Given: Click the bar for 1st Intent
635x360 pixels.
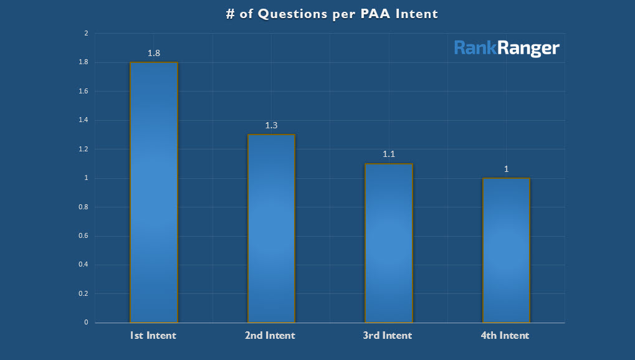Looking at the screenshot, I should pyautogui.click(x=153, y=192).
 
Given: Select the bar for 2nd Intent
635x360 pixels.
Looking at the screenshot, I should pyautogui.click(x=271, y=229).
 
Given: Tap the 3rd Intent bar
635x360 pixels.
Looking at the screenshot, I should pyautogui.click(x=389, y=243).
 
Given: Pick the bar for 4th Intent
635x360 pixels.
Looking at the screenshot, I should pyautogui.click(x=506, y=250).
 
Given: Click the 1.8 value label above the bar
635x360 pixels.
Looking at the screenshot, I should pyautogui.click(x=154, y=53).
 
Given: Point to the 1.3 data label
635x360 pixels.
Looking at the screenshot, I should pyautogui.click(x=271, y=125).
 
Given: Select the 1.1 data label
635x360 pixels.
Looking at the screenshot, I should pyautogui.click(x=389, y=154).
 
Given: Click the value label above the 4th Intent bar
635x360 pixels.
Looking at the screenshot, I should pyautogui.click(x=507, y=169).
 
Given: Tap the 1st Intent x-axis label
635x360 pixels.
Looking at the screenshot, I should pyautogui.click(x=153, y=336).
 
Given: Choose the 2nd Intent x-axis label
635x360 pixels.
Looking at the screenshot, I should pyautogui.click(x=270, y=336).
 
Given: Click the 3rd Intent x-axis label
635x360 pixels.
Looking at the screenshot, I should pyautogui.click(x=388, y=336).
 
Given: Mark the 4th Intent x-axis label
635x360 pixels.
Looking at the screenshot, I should pyautogui.click(x=505, y=336).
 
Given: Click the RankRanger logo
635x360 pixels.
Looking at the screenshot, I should pyautogui.click(x=507, y=48).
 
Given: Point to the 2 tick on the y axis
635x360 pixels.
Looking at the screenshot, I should pyautogui.click(x=86, y=34).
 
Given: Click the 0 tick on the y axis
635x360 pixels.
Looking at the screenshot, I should pyautogui.click(x=86, y=323).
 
